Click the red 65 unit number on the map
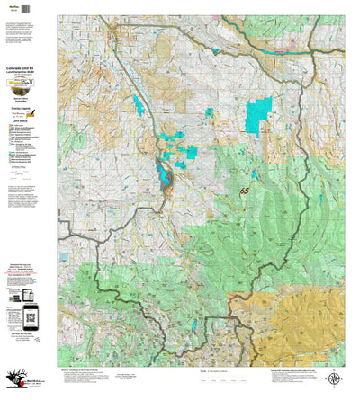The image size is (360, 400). [x=244, y=191]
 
